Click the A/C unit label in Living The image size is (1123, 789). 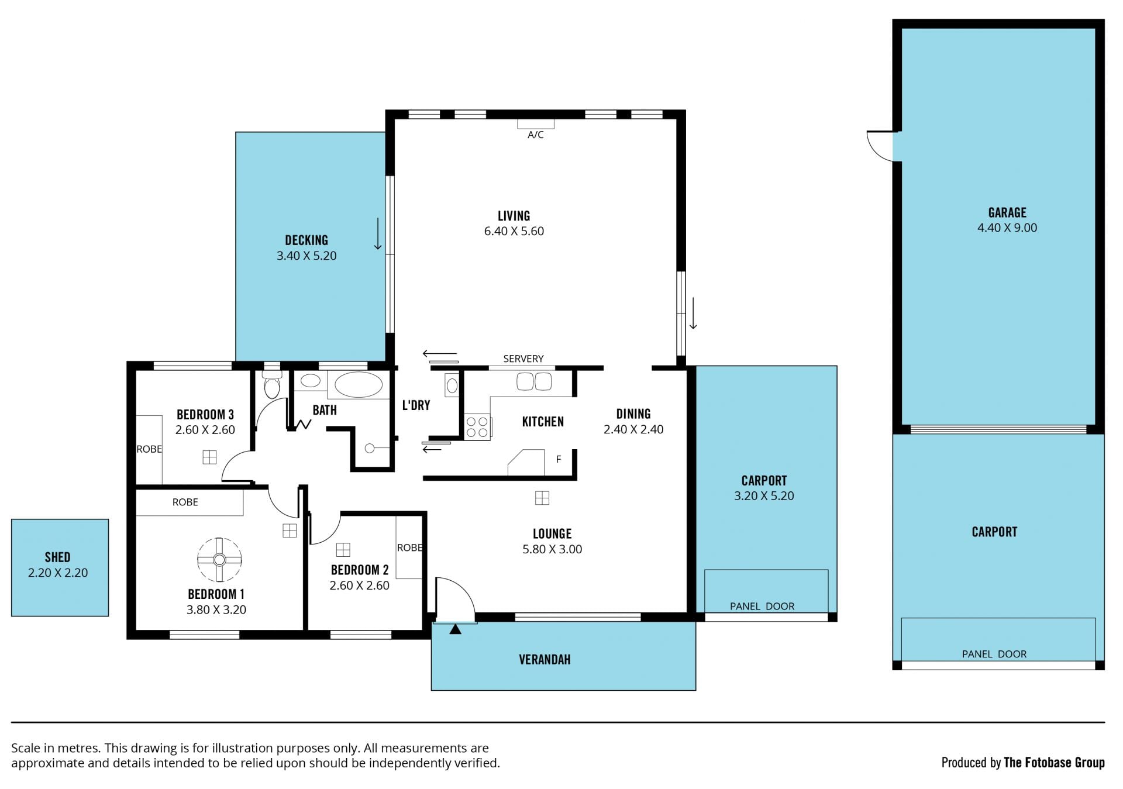535,135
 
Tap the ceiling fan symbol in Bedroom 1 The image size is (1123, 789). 219,560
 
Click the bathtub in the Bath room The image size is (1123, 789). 359,385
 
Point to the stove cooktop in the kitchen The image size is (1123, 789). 477,426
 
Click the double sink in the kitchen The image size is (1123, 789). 534,382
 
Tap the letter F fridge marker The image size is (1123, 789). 559,460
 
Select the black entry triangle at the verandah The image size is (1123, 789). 455,629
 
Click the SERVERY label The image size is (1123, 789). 523,359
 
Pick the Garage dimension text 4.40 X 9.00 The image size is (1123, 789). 1007,228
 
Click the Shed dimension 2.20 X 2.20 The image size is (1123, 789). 58,573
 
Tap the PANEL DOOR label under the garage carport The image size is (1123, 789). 994,654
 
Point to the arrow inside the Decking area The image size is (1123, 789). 378,234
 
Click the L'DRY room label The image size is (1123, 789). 416,405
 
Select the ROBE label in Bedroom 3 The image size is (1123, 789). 149,449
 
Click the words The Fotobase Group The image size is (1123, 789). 1054,762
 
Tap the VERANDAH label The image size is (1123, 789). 545,660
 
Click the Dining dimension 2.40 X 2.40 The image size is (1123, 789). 633,429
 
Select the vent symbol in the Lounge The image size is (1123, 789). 542,498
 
